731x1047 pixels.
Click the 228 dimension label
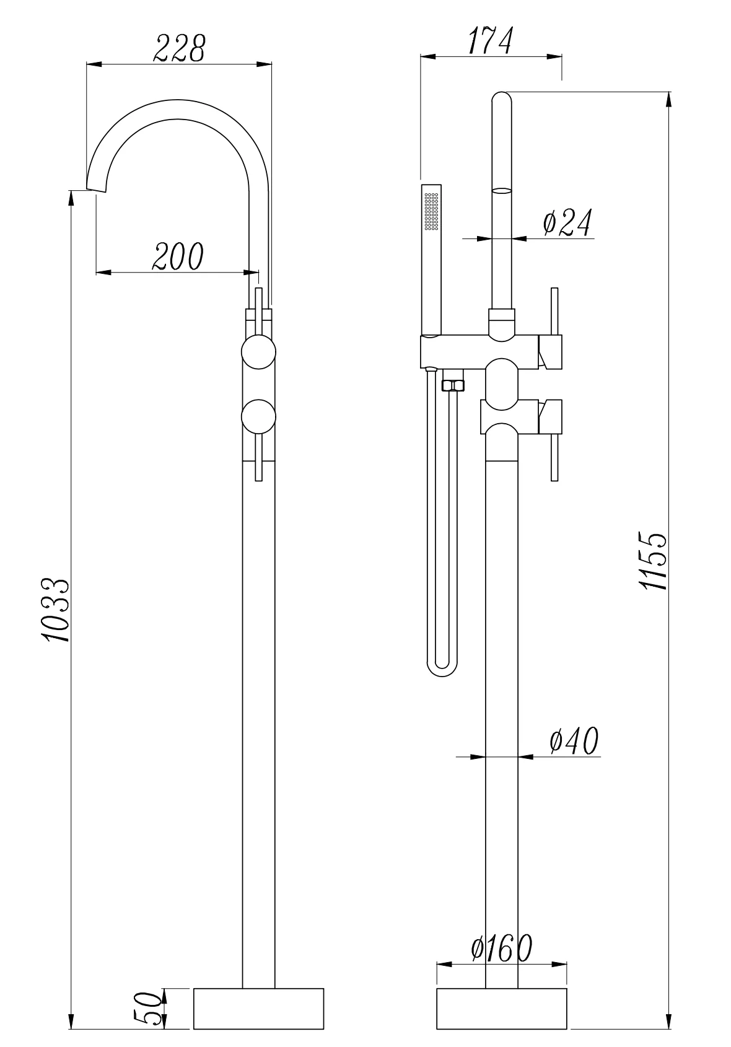pyautogui.click(x=179, y=48)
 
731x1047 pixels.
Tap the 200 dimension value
pyautogui.click(x=178, y=256)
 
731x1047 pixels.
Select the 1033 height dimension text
pyautogui.click(x=56, y=610)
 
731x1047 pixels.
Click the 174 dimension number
pyautogui.click(x=491, y=41)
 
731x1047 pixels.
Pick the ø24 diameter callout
pyautogui.click(x=567, y=222)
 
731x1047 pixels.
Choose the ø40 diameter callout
pyautogui.click(x=574, y=740)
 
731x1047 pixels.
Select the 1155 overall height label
pyautogui.click(x=653, y=560)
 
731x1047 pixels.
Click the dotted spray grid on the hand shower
pyautogui.click(x=431, y=211)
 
